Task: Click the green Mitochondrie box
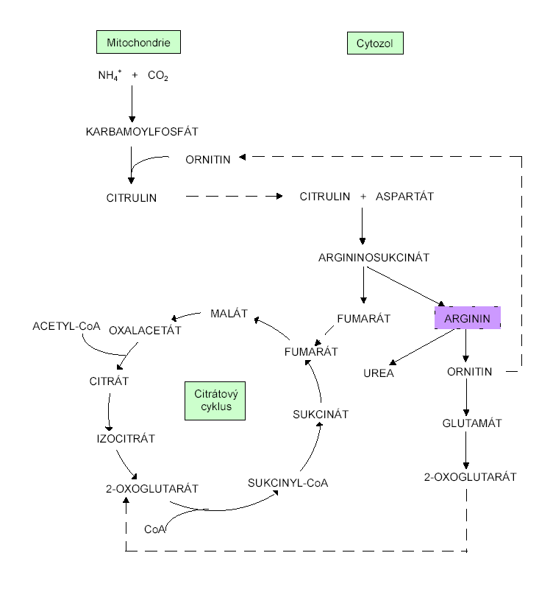138,43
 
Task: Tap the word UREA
378,373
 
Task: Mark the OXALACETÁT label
145,331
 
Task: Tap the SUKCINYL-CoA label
288,484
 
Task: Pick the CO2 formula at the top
158,76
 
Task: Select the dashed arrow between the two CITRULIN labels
234,197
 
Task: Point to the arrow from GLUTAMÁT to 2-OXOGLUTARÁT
465,450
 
